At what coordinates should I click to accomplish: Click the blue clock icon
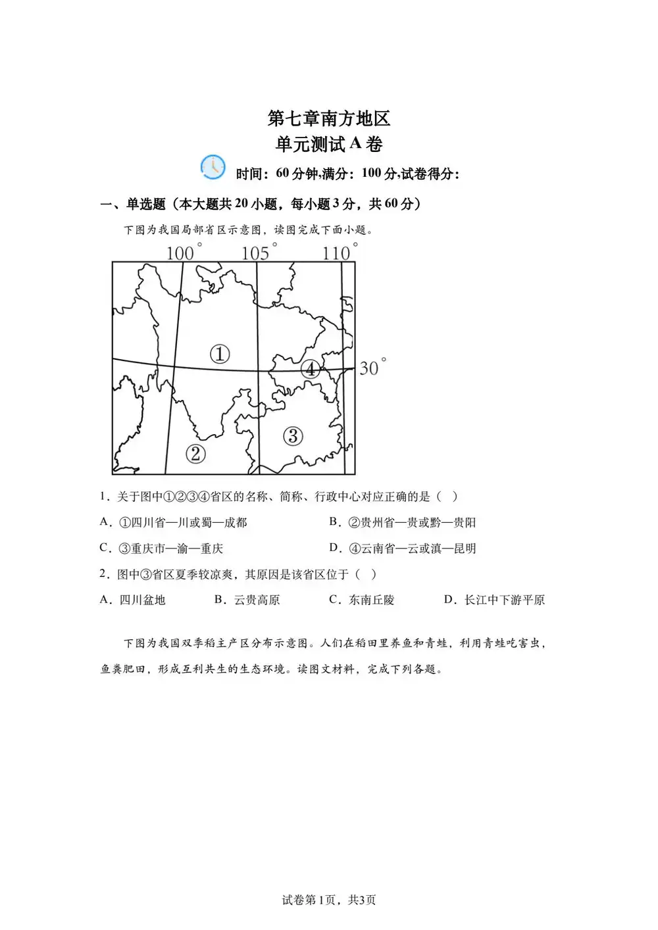(x=213, y=168)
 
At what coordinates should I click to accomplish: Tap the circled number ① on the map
(x=220, y=354)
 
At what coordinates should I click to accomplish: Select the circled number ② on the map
(x=195, y=453)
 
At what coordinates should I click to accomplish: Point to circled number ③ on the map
(x=293, y=435)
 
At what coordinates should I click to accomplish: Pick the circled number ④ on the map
(x=311, y=369)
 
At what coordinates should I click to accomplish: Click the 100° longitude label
(x=184, y=253)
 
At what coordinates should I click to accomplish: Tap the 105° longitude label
(x=259, y=253)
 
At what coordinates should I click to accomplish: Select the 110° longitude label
(x=340, y=253)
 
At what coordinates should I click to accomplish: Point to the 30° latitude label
(x=372, y=367)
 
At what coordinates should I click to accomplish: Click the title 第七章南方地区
(x=329, y=118)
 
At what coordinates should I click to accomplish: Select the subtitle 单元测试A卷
(x=329, y=144)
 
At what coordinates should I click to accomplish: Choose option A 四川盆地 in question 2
(x=133, y=600)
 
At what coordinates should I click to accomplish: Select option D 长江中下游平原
(x=495, y=600)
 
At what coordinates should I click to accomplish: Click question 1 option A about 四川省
(x=174, y=522)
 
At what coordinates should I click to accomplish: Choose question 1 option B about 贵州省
(x=403, y=522)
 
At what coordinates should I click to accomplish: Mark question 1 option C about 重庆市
(x=162, y=548)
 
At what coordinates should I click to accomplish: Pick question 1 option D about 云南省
(x=403, y=548)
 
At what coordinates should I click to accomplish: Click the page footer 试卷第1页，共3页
(x=329, y=900)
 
